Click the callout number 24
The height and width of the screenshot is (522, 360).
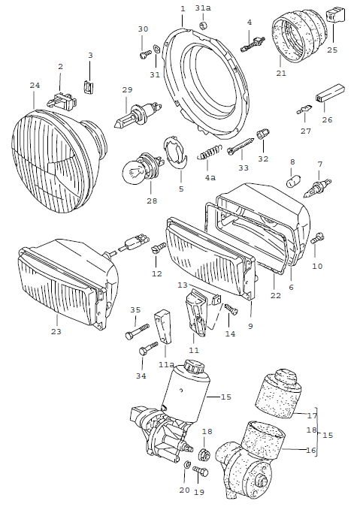(35, 86)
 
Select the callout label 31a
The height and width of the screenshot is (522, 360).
(203, 8)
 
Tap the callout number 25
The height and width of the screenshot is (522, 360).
(331, 50)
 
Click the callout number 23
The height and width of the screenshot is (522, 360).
(56, 331)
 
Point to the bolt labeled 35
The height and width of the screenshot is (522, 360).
(141, 327)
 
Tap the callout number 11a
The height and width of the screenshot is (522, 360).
(166, 364)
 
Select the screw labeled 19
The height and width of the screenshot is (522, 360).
(199, 472)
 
